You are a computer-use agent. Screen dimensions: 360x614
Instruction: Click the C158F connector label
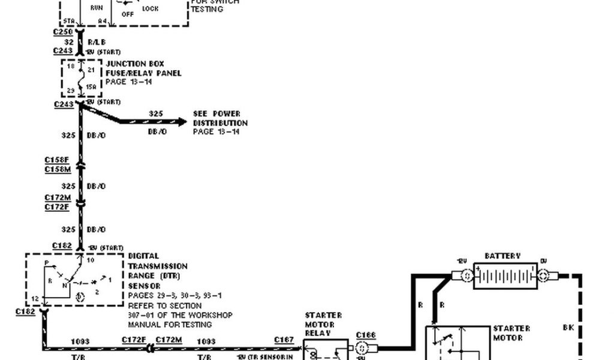point(57,161)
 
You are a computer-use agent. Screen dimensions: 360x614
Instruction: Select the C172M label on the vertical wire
point(57,197)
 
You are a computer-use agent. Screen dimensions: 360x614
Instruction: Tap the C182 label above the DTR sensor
point(62,246)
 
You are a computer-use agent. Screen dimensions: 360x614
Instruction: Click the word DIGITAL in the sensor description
point(144,256)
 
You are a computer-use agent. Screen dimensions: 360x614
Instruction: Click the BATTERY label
point(502,256)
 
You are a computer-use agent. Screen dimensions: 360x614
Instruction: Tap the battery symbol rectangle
point(505,275)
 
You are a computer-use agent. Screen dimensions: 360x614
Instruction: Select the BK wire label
point(569,328)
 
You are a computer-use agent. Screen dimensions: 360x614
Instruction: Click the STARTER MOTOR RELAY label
point(323,323)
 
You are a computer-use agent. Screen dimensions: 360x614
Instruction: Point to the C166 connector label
point(365,335)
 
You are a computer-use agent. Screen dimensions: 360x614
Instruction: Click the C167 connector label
point(284,340)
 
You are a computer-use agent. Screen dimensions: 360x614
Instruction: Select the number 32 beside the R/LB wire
point(68,43)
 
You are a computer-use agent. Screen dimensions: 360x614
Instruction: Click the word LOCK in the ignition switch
point(151,10)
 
